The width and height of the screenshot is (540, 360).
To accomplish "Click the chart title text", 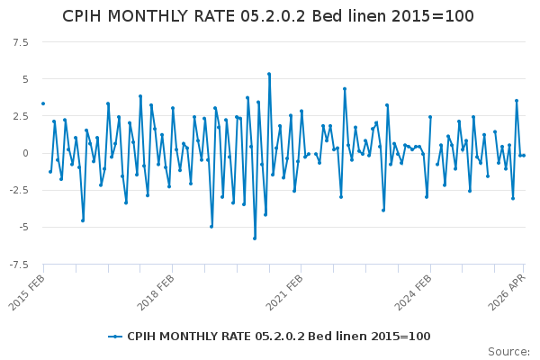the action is pyautogui.click(x=268, y=16).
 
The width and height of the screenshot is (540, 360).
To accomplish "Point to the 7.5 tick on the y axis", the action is pyautogui.click(x=21, y=42).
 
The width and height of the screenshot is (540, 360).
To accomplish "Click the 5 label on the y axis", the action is pyautogui.click(x=25, y=79).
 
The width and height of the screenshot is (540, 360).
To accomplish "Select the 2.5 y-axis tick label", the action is pyautogui.click(x=21, y=116).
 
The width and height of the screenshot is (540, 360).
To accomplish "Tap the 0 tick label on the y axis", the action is pyautogui.click(x=25, y=153).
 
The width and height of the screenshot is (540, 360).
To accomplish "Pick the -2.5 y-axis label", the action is pyautogui.click(x=19, y=190).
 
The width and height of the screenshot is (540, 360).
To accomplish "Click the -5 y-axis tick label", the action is pyautogui.click(x=23, y=227).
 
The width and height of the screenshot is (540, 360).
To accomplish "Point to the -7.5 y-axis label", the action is pyautogui.click(x=19, y=265).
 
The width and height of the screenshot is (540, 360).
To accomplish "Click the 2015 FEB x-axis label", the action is pyautogui.click(x=27, y=292).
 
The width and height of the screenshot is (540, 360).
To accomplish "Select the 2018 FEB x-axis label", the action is pyautogui.click(x=156, y=292).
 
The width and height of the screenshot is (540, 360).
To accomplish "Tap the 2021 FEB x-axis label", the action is pyautogui.click(x=284, y=292).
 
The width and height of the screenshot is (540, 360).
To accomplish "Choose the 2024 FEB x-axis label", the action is pyautogui.click(x=414, y=292).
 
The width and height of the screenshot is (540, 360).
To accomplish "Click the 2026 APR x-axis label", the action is pyautogui.click(x=508, y=292).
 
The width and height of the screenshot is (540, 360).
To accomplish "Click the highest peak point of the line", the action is pyautogui.click(x=269, y=74).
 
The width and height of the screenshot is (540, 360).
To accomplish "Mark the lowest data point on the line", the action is pyautogui.click(x=255, y=238).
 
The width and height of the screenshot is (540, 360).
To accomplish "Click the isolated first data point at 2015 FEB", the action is pyautogui.click(x=43, y=103).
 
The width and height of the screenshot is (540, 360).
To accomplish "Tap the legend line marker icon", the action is pyautogui.click(x=115, y=337).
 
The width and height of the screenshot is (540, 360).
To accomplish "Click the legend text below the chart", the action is pyautogui.click(x=279, y=337).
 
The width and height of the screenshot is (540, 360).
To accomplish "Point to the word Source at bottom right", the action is pyautogui.click(x=508, y=352).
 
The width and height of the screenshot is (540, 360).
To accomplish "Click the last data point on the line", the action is pyautogui.click(x=524, y=156).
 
